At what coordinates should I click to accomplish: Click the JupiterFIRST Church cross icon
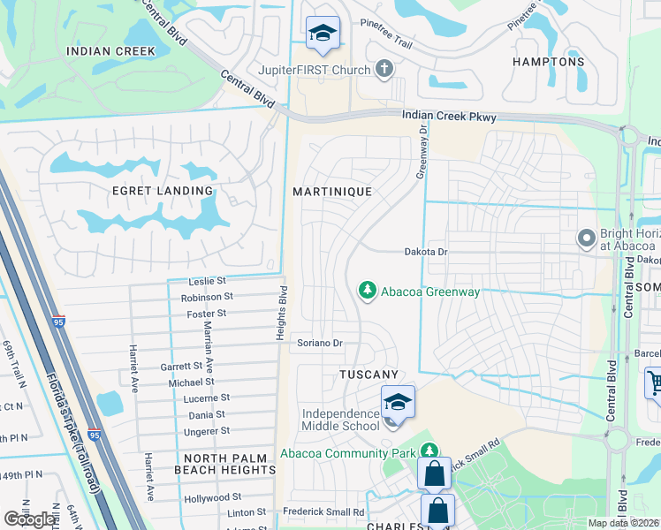pyautogui.click(x=384, y=68)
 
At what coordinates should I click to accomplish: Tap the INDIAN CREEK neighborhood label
pyautogui.click(x=111, y=51)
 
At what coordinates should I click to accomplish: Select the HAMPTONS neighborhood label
pyautogui.click(x=548, y=62)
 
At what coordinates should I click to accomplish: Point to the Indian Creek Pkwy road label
pyautogui.click(x=449, y=117)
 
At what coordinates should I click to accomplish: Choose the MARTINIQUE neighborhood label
pyautogui.click(x=332, y=191)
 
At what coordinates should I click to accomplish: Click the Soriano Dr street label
pyautogui.click(x=319, y=343)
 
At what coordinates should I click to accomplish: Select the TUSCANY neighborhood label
pyautogui.click(x=368, y=375)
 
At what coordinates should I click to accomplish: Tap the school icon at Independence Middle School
pyautogui.click(x=399, y=403)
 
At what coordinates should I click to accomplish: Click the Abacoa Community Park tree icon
pyautogui.click(x=429, y=451)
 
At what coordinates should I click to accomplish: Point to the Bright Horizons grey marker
pyautogui.click(x=586, y=238)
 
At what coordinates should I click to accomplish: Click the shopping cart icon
pyautogui.click(x=654, y=382)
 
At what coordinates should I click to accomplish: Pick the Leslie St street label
pyautogui.click(x=209, y=281)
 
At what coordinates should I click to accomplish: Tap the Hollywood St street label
pyautogui.click(x=212, y=499)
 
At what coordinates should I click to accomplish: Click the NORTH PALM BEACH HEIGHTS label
pyautogui.click(x=230, y=470)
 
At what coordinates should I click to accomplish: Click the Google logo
pyautogui.click(x=29, y=519)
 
